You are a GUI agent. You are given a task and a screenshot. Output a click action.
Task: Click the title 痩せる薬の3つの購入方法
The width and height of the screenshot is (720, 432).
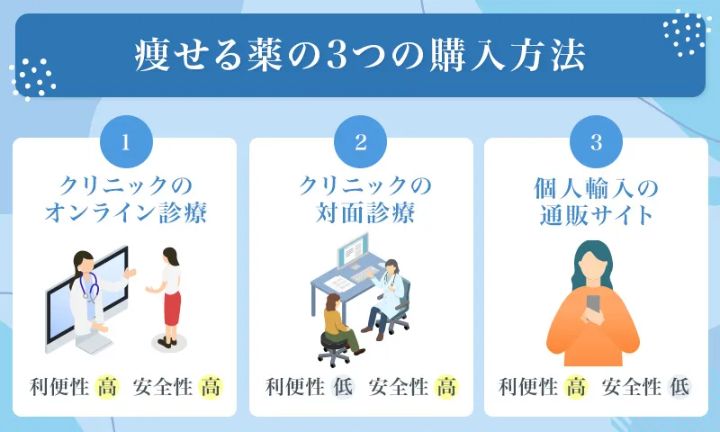pos(359,55)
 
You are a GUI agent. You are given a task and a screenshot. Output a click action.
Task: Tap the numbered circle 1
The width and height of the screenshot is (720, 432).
pos(126,142)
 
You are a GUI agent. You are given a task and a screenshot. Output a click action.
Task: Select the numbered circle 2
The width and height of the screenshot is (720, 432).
pos(360,142)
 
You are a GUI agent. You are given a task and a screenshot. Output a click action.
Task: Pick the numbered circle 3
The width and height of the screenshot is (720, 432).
pos(595,142)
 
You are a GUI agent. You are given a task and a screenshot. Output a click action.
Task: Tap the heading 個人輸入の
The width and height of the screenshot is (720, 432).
pos(595,188)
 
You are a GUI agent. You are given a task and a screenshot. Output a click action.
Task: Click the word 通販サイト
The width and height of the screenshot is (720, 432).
pos(595,217)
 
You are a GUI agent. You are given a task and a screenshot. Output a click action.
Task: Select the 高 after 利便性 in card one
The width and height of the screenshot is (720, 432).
pos(107,388)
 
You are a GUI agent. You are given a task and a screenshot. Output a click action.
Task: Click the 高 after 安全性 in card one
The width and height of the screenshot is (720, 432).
pos(211,388)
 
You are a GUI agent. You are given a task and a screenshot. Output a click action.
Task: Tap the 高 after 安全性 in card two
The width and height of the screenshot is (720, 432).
pos(446,388)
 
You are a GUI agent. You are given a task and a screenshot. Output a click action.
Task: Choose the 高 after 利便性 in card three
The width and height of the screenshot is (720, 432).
pos(576,388)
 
